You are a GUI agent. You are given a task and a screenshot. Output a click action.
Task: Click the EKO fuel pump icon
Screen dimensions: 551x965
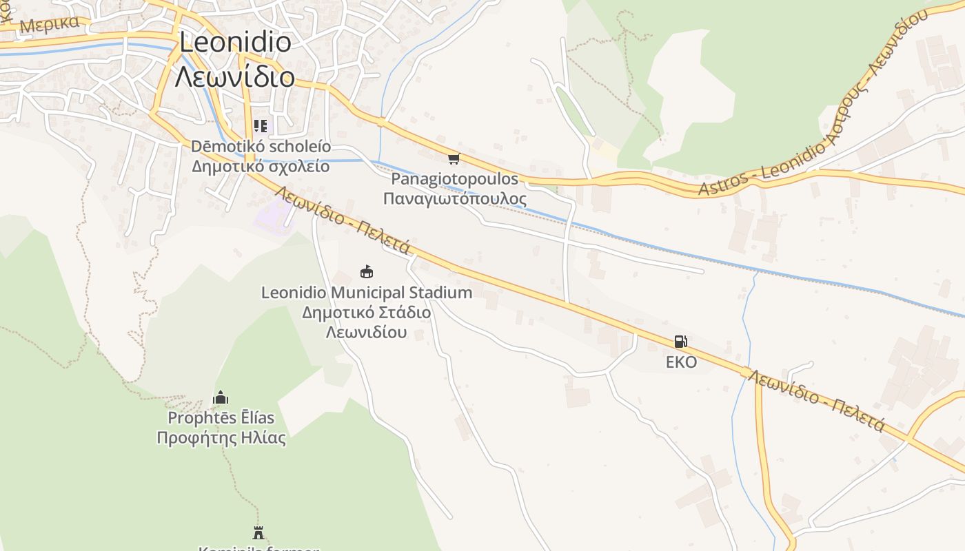click(x=680, y=341)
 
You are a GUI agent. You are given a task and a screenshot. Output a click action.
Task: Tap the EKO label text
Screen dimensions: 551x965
click(x=681, y=362)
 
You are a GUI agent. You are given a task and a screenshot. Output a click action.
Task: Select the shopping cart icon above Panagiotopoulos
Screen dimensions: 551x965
click(x=454, y=159)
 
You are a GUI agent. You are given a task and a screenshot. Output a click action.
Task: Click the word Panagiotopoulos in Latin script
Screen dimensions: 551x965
click(x=454, y=179)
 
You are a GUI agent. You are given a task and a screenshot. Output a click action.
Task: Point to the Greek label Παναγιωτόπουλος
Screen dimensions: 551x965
click(x=454, y=199)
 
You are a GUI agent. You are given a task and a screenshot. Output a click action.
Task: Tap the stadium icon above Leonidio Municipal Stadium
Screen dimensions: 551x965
click(x=367, y=271)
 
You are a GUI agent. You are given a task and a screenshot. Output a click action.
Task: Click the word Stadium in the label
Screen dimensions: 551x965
click(x=440, y=292)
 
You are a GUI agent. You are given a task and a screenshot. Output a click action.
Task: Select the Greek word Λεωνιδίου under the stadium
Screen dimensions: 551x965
click(x=366, y=332)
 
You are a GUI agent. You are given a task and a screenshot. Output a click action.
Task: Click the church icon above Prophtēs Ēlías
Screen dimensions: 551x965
click(x=221, y=397)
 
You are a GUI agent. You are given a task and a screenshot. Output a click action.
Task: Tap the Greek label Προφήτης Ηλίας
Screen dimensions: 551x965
click(x=221, y=437)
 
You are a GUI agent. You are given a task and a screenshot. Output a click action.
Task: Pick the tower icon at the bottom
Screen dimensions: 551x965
click(x=258, y=532)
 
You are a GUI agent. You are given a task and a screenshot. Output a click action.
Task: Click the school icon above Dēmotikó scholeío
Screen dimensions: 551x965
click(x=260, y=125)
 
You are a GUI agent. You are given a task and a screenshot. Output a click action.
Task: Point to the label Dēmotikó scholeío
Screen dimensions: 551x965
click(x=261, y=147)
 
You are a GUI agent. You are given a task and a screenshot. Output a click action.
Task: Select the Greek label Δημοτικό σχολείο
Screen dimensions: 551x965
click(x=261, y=166)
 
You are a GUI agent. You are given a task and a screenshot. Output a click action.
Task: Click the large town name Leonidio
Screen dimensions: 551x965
click(x=234, y=42)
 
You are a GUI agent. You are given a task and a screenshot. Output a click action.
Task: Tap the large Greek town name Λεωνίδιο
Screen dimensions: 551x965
click(x=234, y=76)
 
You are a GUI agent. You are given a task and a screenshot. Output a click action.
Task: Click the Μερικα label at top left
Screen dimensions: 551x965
click(x=50, y=24)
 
